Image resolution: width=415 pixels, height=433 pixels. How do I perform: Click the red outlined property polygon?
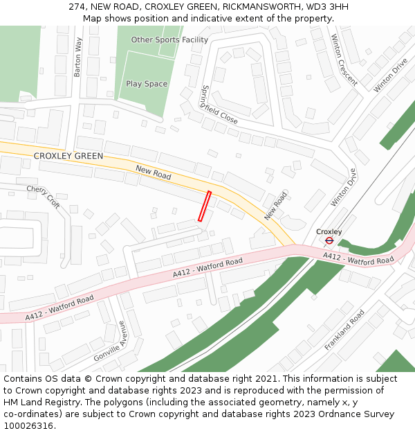tap(204, 206)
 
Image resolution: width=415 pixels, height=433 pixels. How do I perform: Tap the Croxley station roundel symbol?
tap(329, 240)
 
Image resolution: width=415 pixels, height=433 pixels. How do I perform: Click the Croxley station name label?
tap(329, 231)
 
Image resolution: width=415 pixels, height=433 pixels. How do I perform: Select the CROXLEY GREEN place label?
tap(68, 157)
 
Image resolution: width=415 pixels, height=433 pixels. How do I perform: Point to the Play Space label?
tap(147, 84)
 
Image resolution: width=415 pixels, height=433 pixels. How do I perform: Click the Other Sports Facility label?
tap(169, 40)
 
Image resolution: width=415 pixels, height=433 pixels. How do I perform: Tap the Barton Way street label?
tap(78, 57)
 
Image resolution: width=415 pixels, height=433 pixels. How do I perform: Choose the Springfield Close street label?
tap(219, 105)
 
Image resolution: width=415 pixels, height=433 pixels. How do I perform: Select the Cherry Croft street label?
tap(43, 196)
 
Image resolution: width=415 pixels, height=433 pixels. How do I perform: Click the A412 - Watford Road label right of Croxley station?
tap(358, 258)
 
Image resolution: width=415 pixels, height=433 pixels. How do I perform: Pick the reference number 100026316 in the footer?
tap(28, 425)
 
